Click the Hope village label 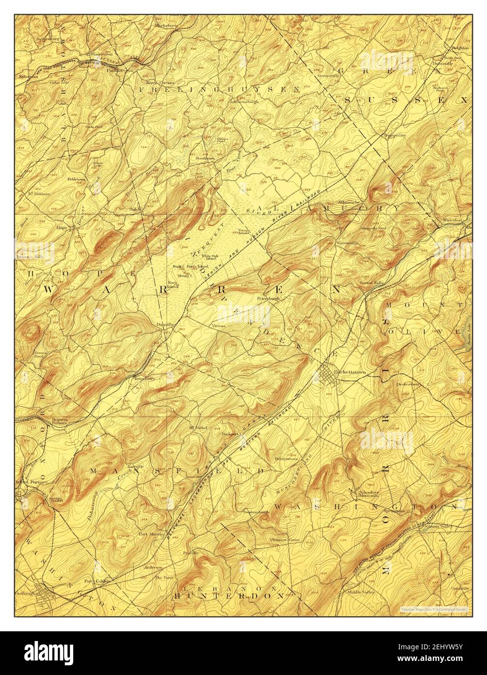(x=61, y=227)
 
